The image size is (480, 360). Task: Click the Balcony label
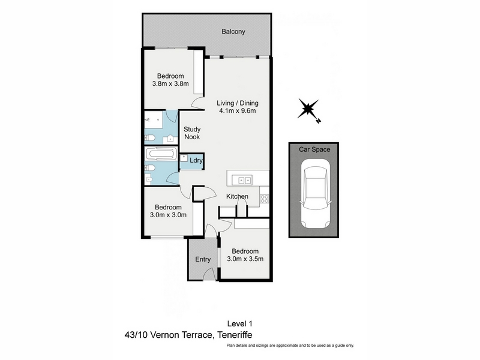click(233, 32)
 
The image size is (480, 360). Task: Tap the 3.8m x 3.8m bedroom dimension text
click(170, 83)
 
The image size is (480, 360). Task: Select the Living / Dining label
click(238, 103)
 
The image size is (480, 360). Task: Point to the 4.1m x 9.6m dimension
click(237, 111)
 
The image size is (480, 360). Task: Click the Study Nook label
click(192, 133)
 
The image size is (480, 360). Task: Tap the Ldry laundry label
click(196, 160)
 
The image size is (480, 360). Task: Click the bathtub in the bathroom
click(161, 154)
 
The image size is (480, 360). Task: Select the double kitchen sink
click(242, 181)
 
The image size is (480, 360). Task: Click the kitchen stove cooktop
click(265, 199)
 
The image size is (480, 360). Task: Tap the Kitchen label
click(237, 197)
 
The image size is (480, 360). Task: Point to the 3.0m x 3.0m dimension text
click(168, 215)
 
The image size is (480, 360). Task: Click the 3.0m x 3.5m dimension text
click(245, 259)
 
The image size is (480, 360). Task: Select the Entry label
click(203, 260)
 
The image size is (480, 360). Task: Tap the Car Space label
click(314, 149)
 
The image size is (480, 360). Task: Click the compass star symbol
click(308, 109)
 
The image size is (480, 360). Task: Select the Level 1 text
click(239, 323)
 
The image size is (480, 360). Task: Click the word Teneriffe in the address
click(235, 335)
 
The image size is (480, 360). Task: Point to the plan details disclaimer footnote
click(290, 346)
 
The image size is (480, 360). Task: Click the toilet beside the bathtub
click(149, 168)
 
